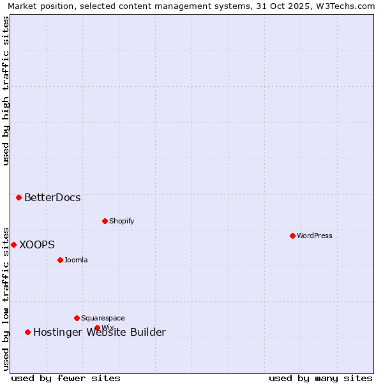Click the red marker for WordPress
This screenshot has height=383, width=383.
292,236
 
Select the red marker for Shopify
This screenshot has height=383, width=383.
105,221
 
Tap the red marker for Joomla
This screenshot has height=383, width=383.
60,260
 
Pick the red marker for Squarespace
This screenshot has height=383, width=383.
77,318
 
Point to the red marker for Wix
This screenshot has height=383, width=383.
97,328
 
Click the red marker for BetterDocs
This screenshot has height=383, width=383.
19,197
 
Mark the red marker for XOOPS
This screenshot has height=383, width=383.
13,244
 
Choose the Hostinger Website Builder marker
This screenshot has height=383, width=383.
27,332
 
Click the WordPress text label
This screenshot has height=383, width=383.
315,236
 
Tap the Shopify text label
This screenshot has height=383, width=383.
122,221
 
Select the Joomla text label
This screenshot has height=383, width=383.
76,260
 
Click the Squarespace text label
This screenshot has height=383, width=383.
103,318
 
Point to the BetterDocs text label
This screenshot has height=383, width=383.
52,197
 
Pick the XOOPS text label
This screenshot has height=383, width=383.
37,244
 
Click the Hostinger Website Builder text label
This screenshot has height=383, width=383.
100,332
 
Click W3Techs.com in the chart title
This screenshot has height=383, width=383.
345,6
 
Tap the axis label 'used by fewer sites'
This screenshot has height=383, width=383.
66,378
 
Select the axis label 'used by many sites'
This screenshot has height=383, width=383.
320,378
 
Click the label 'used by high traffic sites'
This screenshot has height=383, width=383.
6,91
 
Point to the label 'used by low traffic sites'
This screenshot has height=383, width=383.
6,298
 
